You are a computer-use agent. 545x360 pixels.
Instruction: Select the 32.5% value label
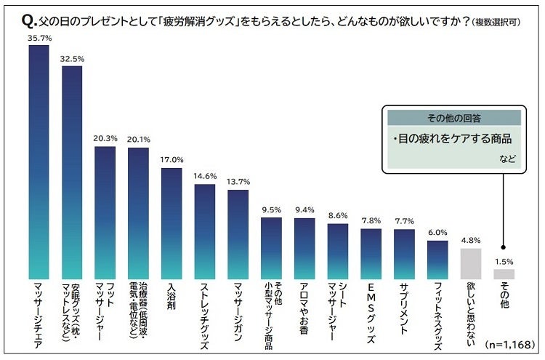point(71,57)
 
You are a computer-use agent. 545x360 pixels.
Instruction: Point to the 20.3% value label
point(105,138)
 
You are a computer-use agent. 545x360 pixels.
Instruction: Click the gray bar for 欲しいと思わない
point(471,264)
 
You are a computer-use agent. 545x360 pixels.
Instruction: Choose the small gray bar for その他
point(504,274)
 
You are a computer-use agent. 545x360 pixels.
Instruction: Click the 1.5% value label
point(504,260)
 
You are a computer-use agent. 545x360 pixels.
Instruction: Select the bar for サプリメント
point(404,254)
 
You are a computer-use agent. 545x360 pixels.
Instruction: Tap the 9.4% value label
point(304,210)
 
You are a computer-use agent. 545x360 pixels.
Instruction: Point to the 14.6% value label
point(205,176)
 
